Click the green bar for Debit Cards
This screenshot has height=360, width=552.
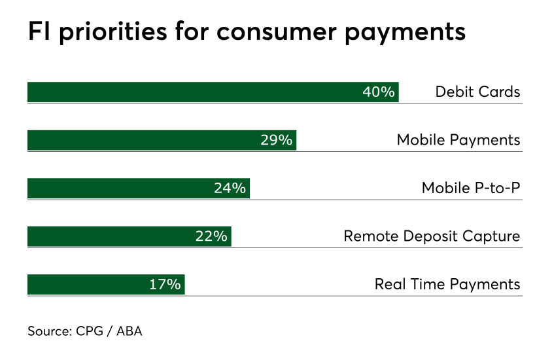(x=213, y=92)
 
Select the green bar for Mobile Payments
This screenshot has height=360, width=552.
(x=162, y=140)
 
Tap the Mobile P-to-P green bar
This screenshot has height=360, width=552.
(x=139, y=188)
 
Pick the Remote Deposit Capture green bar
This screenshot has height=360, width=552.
(x=129, y=236)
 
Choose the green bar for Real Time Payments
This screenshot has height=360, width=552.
(x=106, y=284)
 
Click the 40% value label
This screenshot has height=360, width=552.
(x=379, y=92)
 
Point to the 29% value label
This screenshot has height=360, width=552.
(x=277, y=140)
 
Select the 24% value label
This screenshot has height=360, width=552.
(x=230, y=188)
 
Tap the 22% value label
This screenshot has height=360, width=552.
(x=211, y=236)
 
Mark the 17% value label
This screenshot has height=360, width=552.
(x=165, y=284)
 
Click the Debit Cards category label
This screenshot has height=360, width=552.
(x=477, y=92)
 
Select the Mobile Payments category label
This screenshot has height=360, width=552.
(x=458, y=140)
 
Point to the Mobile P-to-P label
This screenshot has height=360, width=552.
(x=471, y=188)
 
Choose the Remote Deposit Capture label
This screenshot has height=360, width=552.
(x=432, y=236)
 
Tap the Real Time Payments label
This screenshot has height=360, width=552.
(x=447, y=284)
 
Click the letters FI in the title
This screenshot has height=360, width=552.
(x=39, y=31)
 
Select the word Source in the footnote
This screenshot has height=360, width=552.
(x=50, y=331)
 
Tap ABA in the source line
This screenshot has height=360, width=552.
(x=129, y=331)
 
